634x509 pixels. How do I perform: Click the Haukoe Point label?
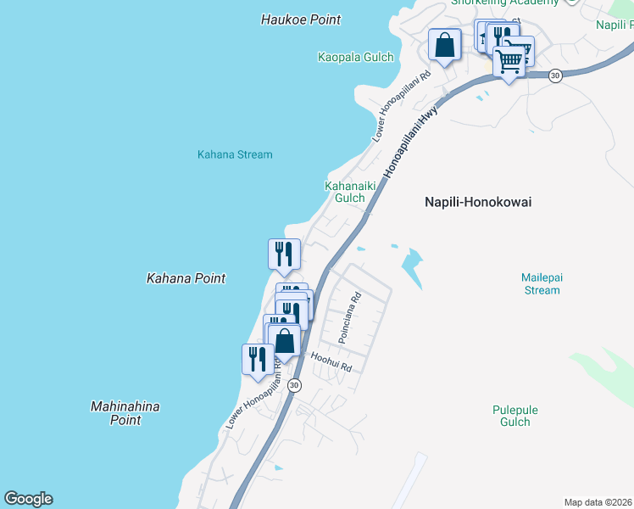301,20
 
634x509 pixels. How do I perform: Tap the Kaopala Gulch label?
356,58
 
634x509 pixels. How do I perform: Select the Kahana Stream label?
235,155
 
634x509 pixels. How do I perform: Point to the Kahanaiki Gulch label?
345,192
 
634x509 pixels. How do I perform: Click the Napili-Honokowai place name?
483,202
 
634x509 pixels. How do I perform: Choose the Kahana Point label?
186,278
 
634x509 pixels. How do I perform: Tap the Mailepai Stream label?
541,283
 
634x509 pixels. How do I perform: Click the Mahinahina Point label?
125,413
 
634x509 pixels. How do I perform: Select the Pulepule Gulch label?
515,416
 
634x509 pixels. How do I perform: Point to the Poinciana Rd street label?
350,318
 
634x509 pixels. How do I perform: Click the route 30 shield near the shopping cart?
554,76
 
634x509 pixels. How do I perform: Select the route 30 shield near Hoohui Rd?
293,385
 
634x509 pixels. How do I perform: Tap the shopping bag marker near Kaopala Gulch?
445,45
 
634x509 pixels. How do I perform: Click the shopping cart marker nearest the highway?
509,61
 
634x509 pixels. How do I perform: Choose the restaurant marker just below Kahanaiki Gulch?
284,254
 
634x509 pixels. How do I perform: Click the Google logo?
28,499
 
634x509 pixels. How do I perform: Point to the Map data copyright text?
598,502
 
